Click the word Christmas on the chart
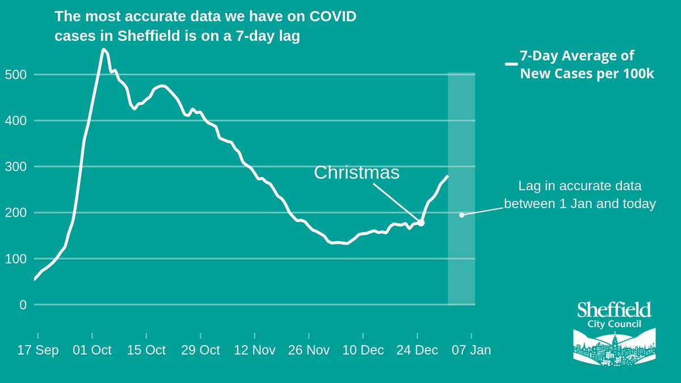356,172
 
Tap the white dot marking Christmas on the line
421,223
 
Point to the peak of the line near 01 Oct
103,49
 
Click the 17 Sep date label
38,350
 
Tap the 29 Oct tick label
200,350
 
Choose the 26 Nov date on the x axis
309,350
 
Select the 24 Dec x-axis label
417,350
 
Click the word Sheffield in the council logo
614,310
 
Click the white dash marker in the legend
511,64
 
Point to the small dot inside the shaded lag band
461,215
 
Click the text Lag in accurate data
579,186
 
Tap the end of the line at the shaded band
448,176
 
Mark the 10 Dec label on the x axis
363,350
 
